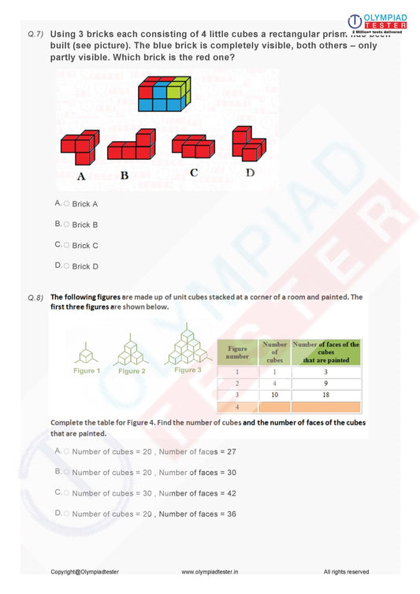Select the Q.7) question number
[35, 35]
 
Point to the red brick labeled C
[193, 146]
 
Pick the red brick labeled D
[248, 143]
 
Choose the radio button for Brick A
[66, 203]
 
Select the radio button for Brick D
[66, 265]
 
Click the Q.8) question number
[35, 298]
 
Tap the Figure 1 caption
[87, 370]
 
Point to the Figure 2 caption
[132, 371]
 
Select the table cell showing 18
[326, 394]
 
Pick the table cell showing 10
[273, 394]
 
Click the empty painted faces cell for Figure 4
[326, 407]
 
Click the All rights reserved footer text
[346, 572]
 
